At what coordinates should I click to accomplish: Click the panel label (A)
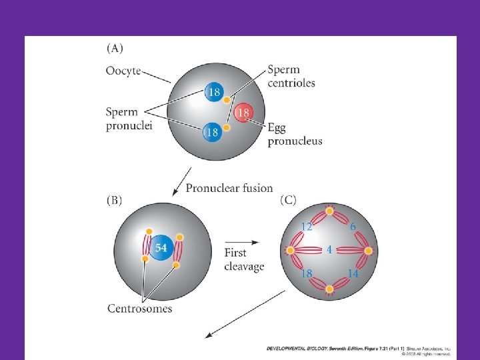coord(115,48)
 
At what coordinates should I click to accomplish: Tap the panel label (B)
coord(115,201)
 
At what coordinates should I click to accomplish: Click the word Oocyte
coord(123,70)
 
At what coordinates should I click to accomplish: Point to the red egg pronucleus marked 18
coord(244,113)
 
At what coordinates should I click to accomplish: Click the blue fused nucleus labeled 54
coord(161,249)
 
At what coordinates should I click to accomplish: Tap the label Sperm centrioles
coord(291,76)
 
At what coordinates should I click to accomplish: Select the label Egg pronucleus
coord(295,134)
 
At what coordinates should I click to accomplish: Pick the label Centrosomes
coord(140,308)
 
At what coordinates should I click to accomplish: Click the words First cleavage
coord(245,260)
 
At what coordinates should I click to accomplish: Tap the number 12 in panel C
coord(307,227)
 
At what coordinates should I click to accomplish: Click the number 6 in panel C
coord(353,227)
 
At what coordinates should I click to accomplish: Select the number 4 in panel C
coord(330,251)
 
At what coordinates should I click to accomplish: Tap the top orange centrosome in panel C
coord(329,211)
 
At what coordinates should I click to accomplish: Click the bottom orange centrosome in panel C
coord(329,289)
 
